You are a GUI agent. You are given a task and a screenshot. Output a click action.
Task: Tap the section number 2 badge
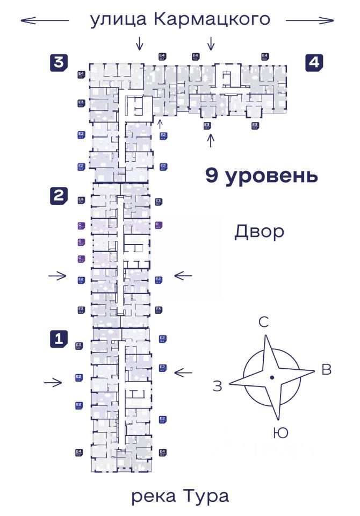click(59, 196)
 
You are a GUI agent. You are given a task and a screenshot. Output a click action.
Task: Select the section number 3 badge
click(59, 62)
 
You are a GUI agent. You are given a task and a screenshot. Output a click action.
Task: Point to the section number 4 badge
click(314, 62)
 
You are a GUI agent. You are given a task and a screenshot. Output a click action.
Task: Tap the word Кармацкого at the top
click(211, 20)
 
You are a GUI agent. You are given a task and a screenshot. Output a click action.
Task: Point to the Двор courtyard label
click(258, 232)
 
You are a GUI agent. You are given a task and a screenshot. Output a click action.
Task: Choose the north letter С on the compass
click(263, 322)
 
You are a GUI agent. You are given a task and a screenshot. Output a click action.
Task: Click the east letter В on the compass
click(326, 369)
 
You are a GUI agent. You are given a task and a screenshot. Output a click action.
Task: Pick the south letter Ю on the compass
click(280, 432)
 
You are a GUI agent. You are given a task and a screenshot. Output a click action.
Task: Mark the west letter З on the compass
click(218, 386)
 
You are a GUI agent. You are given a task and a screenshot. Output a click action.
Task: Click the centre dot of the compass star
click(272, 377)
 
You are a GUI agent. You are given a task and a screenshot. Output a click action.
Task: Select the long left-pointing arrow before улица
click(45, 20)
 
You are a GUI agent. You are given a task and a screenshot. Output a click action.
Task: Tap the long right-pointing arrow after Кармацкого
click(309, 20)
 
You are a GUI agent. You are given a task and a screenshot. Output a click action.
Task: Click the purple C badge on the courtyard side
click(159, 225)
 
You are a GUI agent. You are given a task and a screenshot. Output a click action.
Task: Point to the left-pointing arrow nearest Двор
click(183, 276)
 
